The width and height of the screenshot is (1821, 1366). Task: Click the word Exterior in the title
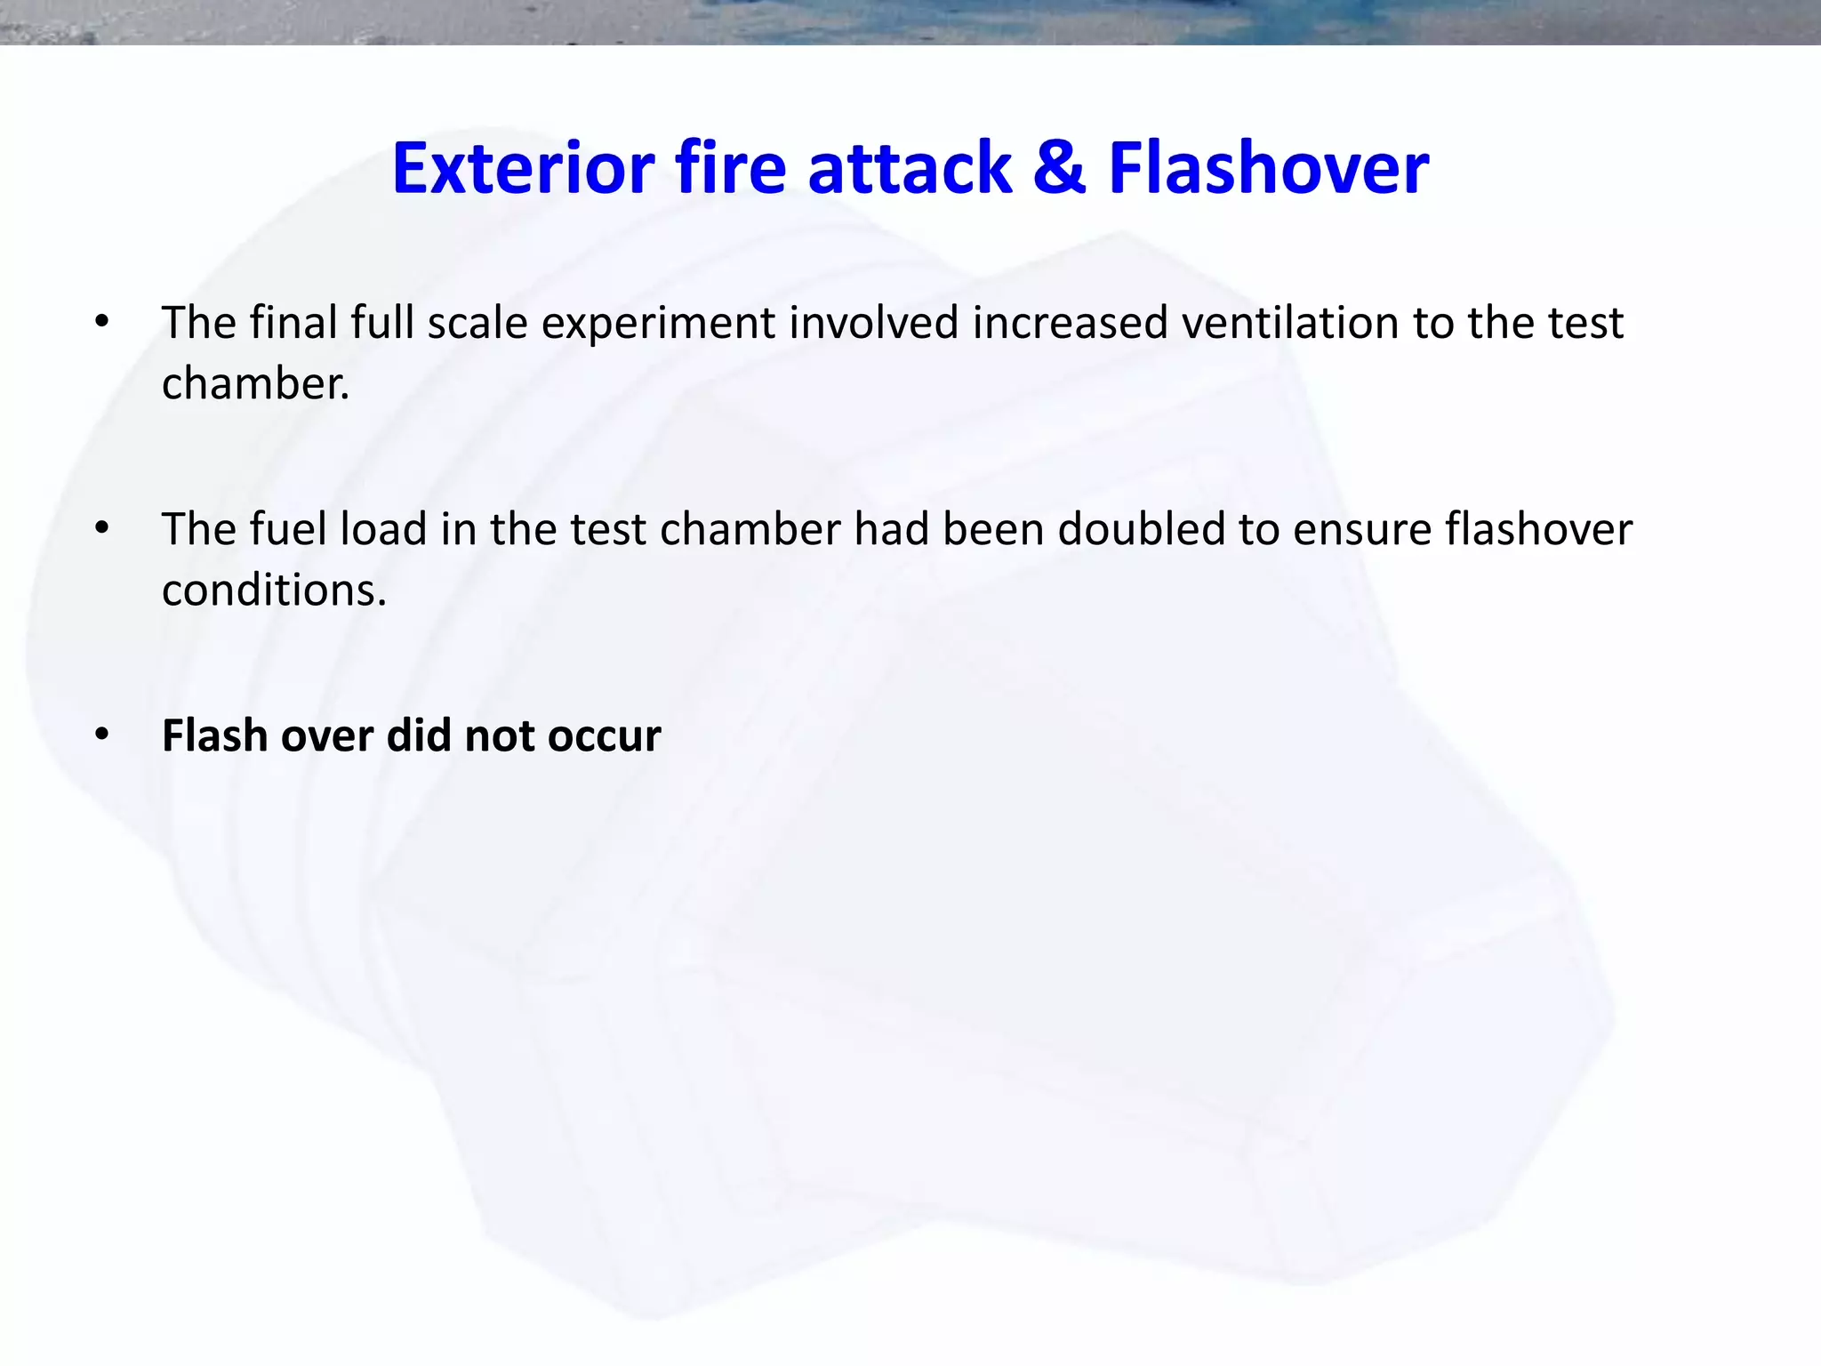tap(524, 168)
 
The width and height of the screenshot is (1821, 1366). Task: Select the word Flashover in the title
tap(1269, 168)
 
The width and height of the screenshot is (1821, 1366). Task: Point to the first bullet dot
tap(102, 322)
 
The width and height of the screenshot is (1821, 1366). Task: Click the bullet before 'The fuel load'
tap(102, 529)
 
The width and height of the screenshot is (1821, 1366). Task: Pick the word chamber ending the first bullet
tap(254, 384)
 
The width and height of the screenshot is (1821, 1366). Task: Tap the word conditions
tap(274, 590)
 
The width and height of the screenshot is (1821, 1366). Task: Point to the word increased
tap(1070, 322)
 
